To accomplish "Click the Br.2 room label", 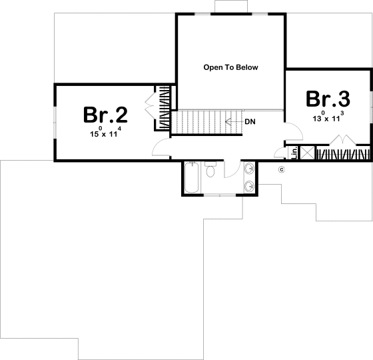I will (106, 115).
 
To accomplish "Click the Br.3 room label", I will (328, 99).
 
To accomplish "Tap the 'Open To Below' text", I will (230, 67).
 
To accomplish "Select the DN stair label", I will (250, 122).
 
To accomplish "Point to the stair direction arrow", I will (233, 122).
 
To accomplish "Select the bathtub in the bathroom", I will (191, 178).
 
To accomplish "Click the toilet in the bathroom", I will (210, 171).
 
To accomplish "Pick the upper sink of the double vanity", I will (249, 168).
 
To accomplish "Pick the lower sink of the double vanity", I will (249, 186).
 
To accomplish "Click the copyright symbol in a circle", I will (281, 169).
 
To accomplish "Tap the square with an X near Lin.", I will (307, 153).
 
